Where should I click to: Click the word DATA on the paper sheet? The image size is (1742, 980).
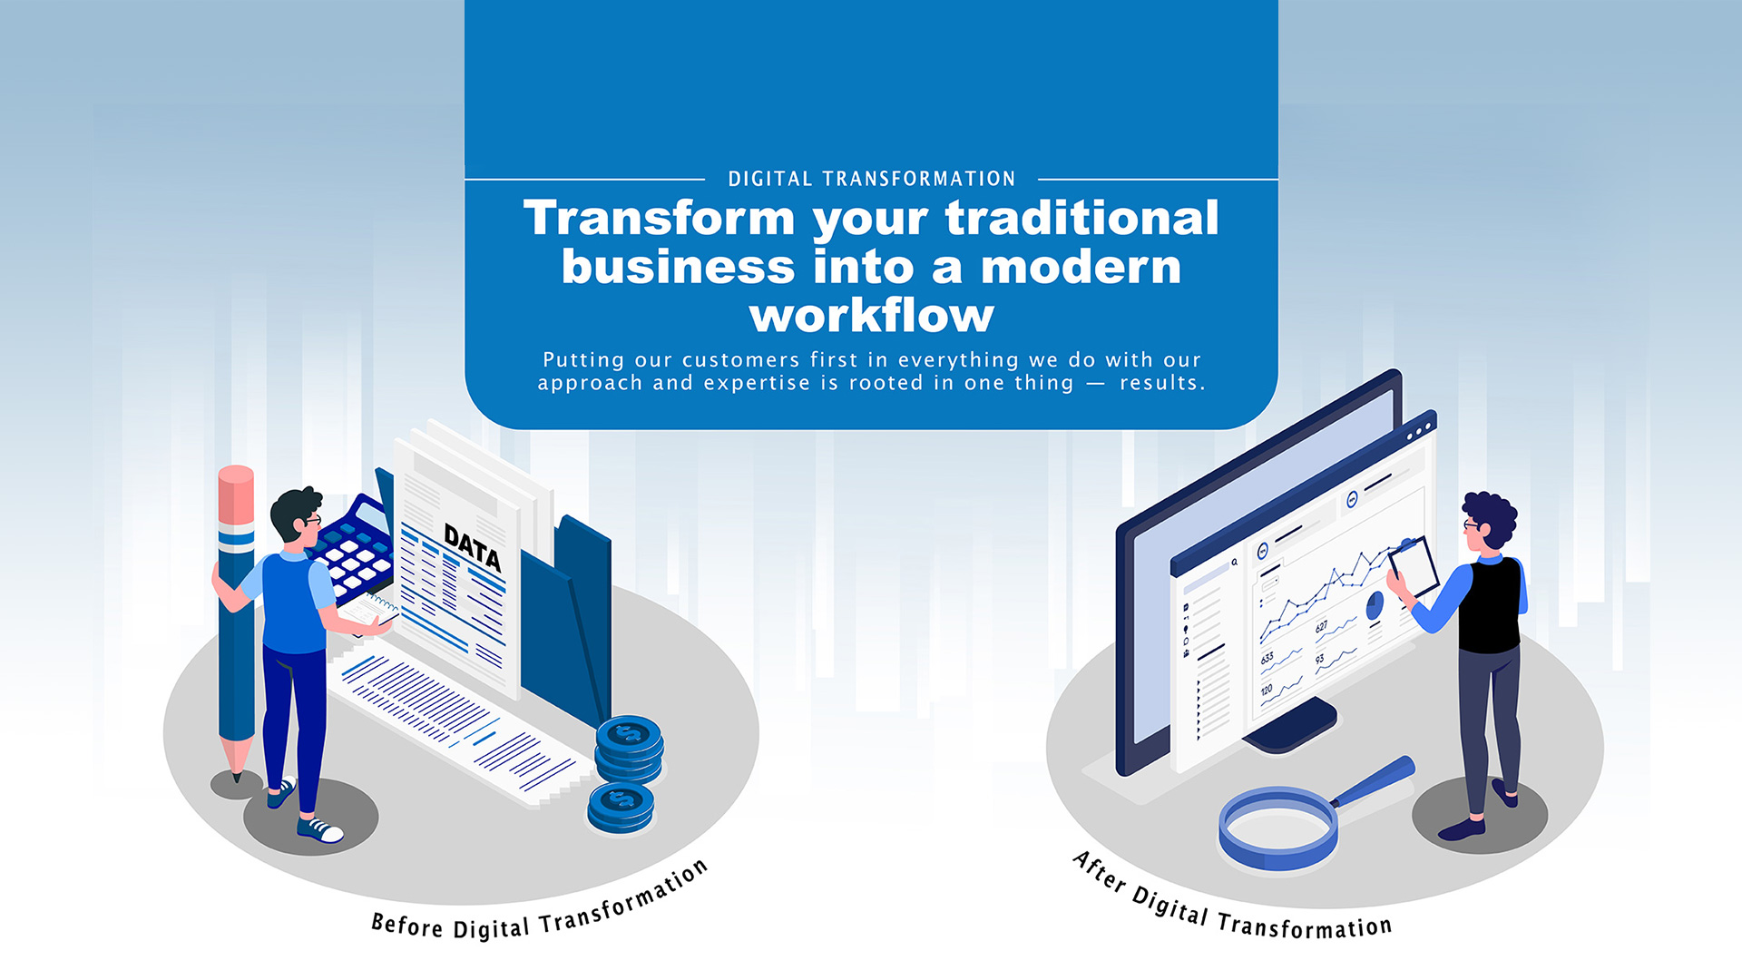472,546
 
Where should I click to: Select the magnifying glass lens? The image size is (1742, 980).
1277,828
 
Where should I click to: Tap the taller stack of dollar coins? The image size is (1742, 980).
629,749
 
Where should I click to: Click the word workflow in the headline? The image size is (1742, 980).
871,316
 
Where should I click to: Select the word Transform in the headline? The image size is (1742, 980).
659,219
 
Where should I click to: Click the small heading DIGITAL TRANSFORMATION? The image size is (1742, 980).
871,179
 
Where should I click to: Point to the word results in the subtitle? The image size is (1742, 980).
1162,383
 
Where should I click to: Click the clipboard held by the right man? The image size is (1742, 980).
1414,567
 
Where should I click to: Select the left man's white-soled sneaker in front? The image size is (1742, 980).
319,829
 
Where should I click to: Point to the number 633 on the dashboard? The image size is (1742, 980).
1267,657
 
